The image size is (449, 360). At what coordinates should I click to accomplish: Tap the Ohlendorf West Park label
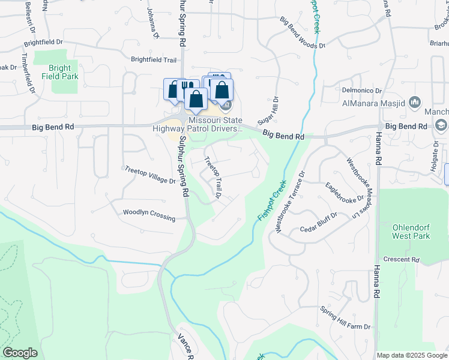(x=410, y=232)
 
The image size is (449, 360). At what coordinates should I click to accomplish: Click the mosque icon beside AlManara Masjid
(x=415, y=103)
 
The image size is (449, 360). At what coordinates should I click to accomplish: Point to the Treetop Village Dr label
(x=150, y=175)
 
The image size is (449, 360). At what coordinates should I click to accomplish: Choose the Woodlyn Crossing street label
(x=149, y=214)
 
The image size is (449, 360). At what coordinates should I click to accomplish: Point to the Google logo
(x=20, y=353)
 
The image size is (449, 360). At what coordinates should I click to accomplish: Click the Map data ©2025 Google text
(x=412, y=355)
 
